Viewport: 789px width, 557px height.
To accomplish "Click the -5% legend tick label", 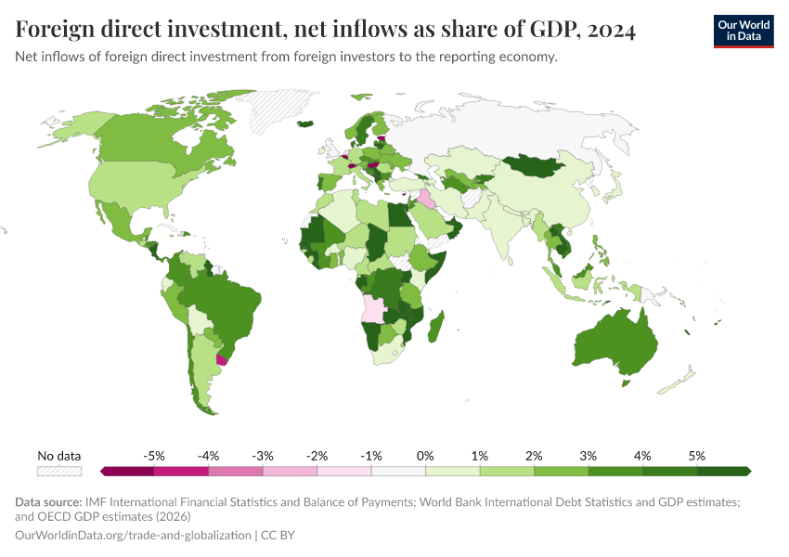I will [154, 456].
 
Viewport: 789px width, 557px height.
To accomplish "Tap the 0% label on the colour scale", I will [425, 456].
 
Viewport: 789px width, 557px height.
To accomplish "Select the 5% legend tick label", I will [697, 456].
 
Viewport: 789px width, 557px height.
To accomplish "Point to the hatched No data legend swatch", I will [59, 472].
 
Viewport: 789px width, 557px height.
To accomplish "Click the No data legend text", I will [59, 456].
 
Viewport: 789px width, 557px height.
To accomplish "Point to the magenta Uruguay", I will [221, 358].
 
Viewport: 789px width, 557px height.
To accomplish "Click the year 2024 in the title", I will [606, 31].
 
